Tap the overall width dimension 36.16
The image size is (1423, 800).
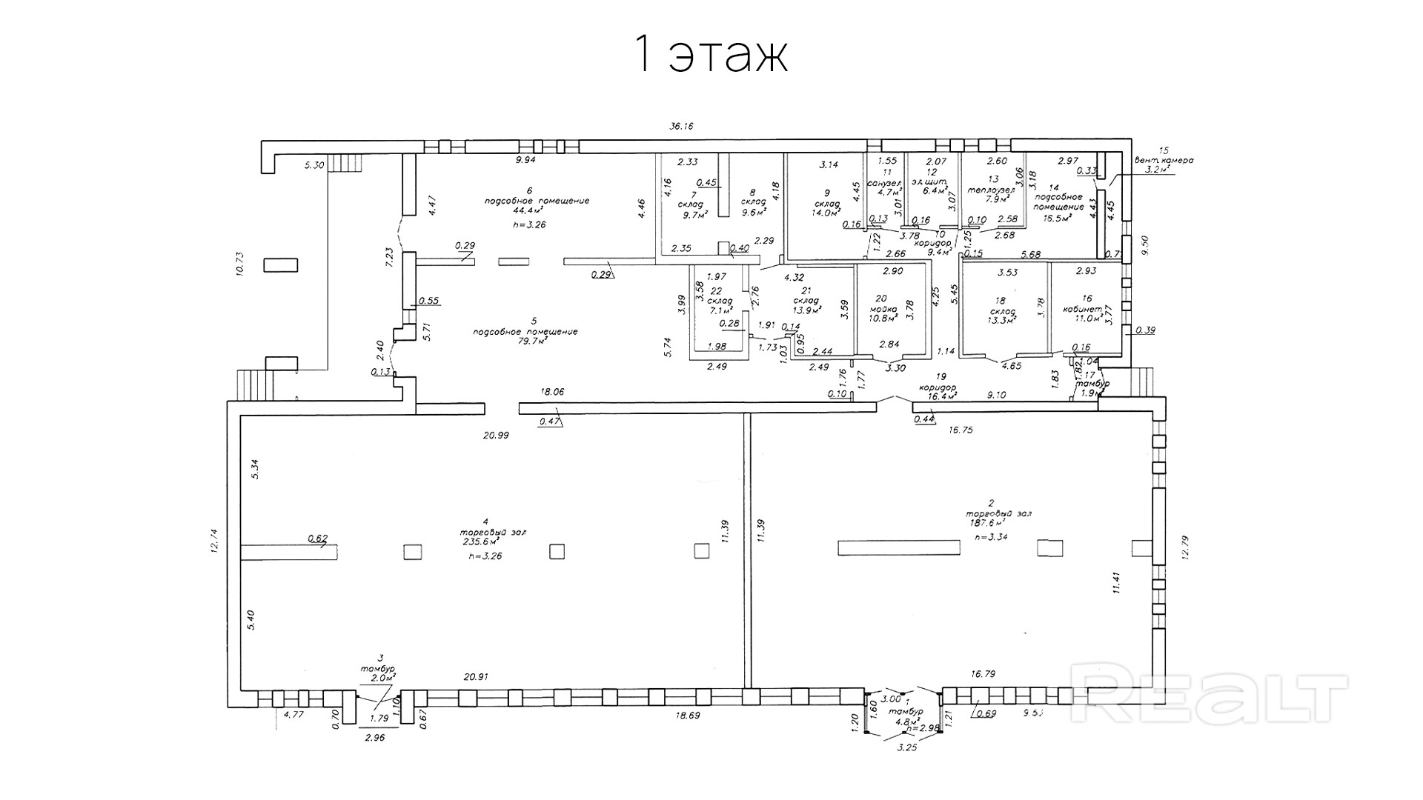[x=680, y=127]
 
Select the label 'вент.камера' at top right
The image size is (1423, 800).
[x=1164, y=160]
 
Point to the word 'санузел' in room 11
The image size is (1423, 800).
[x=883, y=183]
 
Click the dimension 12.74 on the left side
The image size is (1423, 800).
[x=215, y=541]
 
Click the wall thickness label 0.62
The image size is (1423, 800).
[x=317, y=539]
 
